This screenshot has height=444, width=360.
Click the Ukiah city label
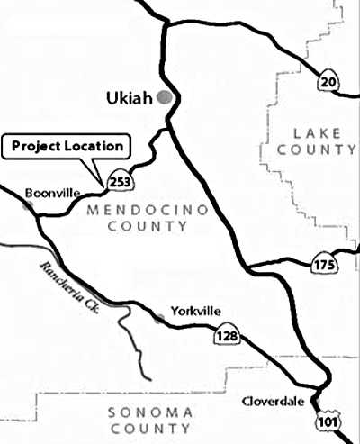tap(129, 96)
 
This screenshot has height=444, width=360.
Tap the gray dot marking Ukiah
tap(163, 97)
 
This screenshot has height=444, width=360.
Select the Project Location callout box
tap(67, 145)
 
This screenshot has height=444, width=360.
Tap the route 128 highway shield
tap(225, 337)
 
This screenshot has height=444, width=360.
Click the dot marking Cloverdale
tap(315, 402)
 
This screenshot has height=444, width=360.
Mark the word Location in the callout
tap(97, 145)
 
